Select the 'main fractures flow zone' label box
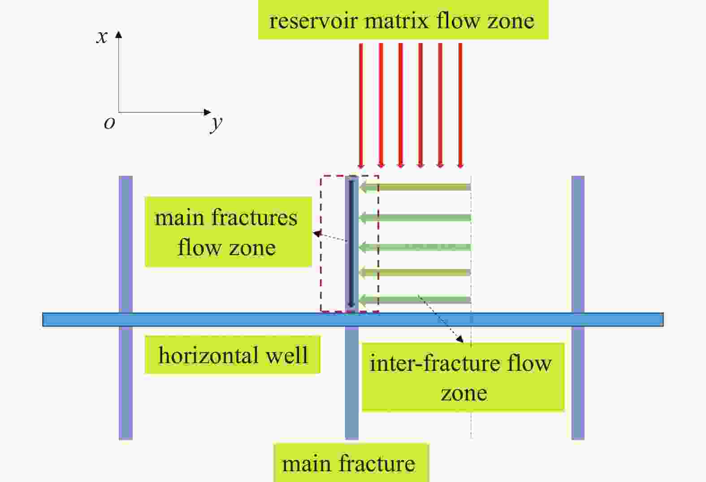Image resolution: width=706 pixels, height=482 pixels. [228, 232]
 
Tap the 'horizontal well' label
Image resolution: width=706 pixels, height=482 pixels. [233, 355]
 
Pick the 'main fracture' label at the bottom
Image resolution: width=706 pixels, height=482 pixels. [349, 464]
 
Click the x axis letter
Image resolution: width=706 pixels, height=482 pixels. [102, 37]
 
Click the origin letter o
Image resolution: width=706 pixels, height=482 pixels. [109, 123]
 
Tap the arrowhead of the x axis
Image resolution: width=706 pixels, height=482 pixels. [118, 34]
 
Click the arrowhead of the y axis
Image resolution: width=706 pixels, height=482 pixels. [207, 112]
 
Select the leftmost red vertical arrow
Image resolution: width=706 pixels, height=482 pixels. [361, 106]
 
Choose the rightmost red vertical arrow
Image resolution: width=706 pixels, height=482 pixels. [460, 106]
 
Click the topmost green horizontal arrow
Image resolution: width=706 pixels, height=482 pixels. [415, 187]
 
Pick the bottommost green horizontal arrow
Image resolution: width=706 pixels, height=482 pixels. [415, 300]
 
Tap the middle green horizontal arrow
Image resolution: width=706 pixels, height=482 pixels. [415, 247]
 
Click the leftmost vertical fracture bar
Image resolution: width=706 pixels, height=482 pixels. [126, 308]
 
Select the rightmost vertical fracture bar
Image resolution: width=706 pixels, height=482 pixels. [578, 308]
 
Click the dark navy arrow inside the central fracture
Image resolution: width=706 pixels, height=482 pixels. [351, 244]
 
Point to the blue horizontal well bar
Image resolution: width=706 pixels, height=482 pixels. [353, 320]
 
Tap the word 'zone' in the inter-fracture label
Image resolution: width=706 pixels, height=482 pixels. [464, 393]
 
